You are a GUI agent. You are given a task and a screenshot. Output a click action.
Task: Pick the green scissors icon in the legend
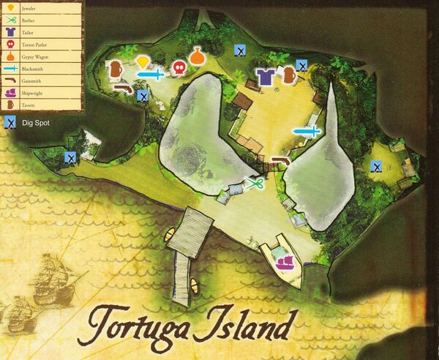click(x=10, y=20)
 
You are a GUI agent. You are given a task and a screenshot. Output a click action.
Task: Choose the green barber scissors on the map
click(x=255, y=183)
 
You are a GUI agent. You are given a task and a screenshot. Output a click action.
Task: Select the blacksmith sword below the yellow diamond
click(x=151, y=74)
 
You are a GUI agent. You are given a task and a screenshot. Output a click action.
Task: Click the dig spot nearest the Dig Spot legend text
click(x=70, y=157)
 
